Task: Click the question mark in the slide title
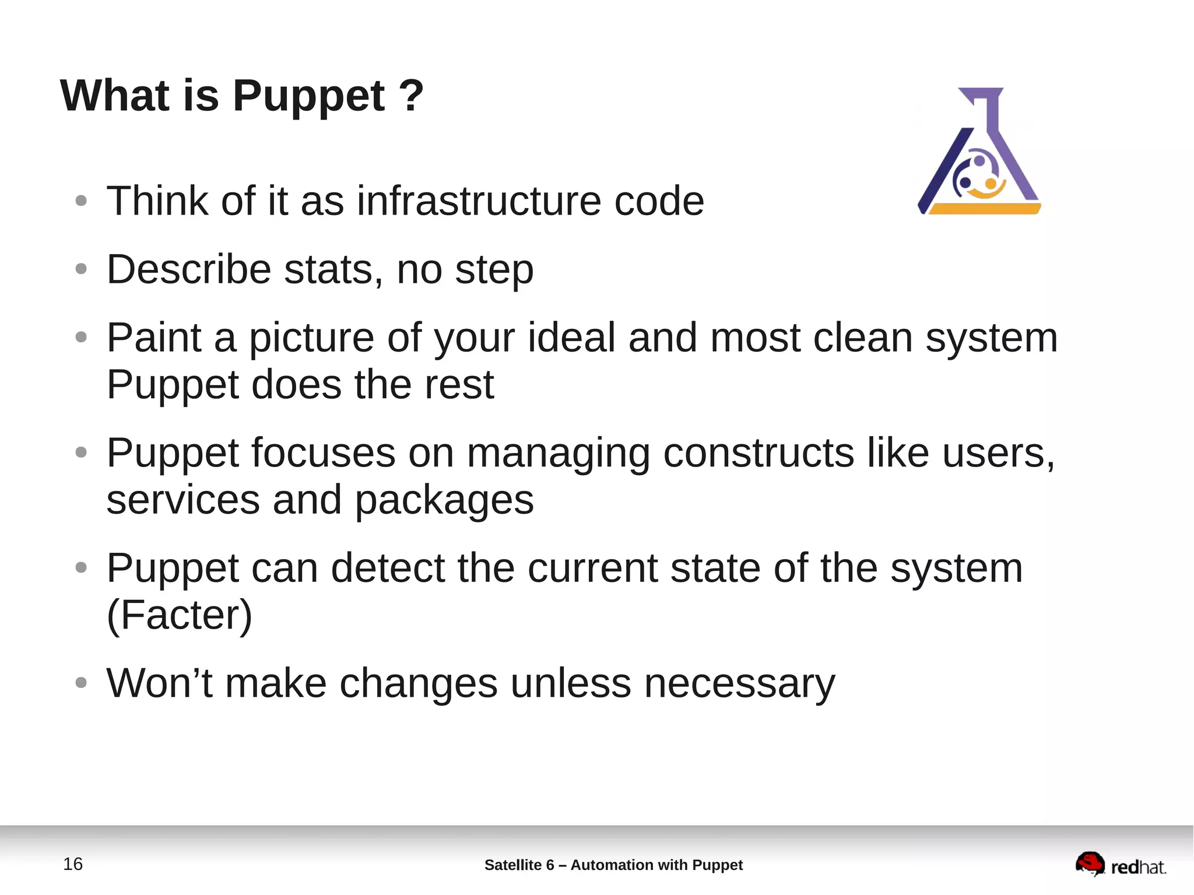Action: coord(412,96)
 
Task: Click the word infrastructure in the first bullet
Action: coord(478,201)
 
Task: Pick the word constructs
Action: coord(758,453)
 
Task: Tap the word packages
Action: coord(444,500)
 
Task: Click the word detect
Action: coord(388,568)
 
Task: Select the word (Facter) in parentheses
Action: coord(180,615)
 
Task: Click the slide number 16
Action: coord(73,864)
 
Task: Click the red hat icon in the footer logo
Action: coord(1090,863)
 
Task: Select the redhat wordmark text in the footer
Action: coord(1138,868)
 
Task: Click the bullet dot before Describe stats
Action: coord(81,269)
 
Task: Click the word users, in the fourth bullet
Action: coord(998,453)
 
